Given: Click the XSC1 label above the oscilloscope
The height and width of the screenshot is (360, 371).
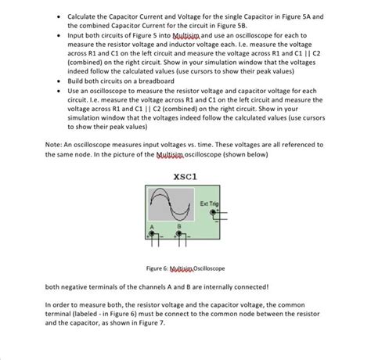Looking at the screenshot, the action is (184, 176).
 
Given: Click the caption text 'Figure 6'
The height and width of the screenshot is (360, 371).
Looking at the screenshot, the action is (157, 267).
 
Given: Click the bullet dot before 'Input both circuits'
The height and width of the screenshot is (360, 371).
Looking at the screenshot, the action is (59, 35).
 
